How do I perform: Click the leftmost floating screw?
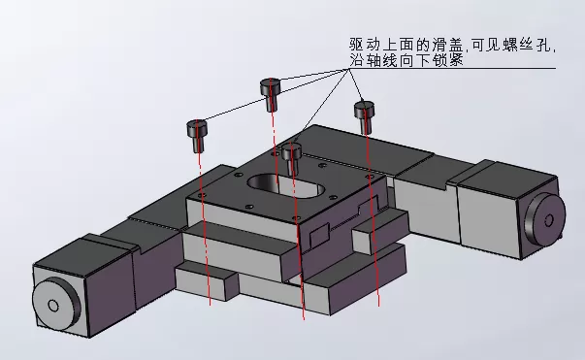click(x=198, y=133)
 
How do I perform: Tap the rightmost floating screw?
click(x=364, y=115)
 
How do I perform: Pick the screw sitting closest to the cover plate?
click(x=292, y=155)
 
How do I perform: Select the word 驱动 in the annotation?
click(x=363, y=46)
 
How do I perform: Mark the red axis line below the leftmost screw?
click(x=205, y=243)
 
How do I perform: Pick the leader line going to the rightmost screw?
click(x=356, y=85)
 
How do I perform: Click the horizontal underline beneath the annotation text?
click(x=485, y=69)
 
